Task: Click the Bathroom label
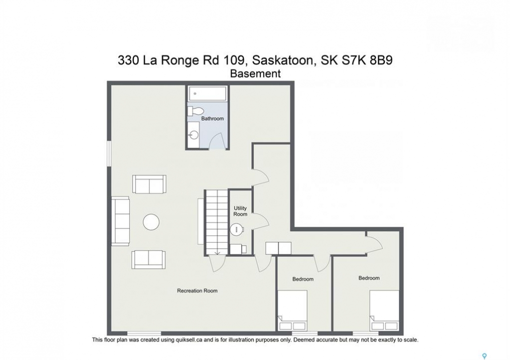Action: tap(212, 118)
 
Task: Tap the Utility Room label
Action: tap(240, 211)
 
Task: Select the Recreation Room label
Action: tap(197, 291)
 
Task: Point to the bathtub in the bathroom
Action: tap(208, 93)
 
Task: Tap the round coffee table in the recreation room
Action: tap(151, 222)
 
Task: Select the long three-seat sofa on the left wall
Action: tap(121, 220)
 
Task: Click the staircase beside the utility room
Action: tap(216, 222)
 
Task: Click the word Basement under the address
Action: tap(255, 74)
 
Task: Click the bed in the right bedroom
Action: tap(384, 310)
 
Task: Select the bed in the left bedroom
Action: tap(292, 310)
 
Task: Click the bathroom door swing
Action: tap(216, 142)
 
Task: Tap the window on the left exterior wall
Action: tap(109, 154)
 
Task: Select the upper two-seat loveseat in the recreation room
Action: tap(149, 184)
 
